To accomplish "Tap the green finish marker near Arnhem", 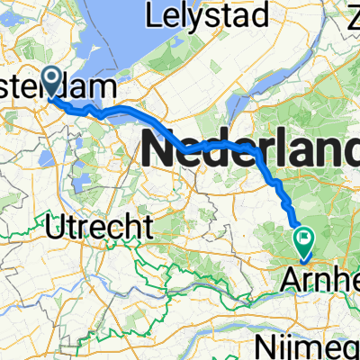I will coord(304,239).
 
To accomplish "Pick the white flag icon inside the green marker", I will coord(304,238).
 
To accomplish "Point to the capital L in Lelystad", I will coord(160,17).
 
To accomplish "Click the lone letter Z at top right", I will coord(350,17).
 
